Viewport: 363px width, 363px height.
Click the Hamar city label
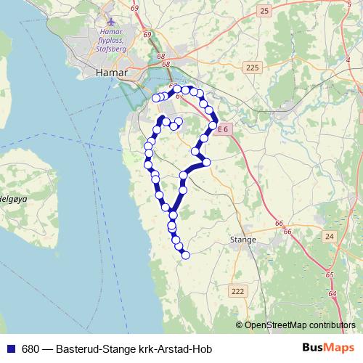[x=112, y=73]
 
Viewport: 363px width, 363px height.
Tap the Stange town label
[x=243, y=239]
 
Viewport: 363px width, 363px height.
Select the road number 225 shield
[x=252, y=68]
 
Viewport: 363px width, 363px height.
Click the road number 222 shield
[x=237, y=291]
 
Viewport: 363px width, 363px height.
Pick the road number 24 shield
[x=330, y=237]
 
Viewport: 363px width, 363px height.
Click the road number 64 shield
[x=333, y=293]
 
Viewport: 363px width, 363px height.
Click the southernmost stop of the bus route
[x=186, y=255]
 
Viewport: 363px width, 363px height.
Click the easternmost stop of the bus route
[x=213, y=126]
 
